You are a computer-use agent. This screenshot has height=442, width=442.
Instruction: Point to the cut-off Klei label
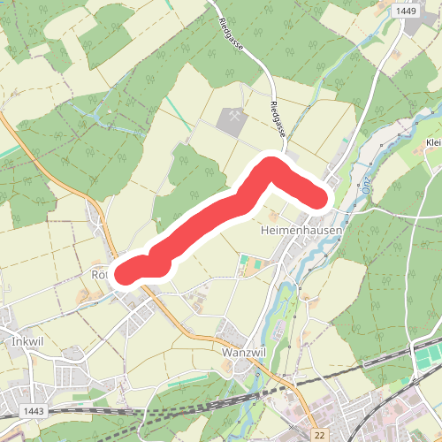(432, 143)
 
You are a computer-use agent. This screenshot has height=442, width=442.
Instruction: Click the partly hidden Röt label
(98, 275)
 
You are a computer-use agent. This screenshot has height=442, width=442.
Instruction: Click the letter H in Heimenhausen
(266, 229)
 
